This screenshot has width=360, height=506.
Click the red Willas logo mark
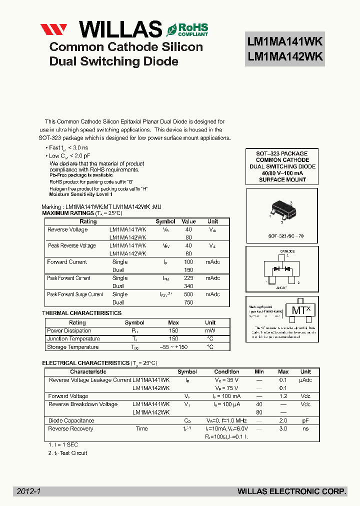[x=57, y=29]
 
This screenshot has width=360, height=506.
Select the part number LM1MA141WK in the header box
[x=285, y=41]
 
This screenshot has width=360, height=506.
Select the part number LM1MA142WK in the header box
[x=285, y=57]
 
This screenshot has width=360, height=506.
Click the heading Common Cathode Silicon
[x=126, y=47]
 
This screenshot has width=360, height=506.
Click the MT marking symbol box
[x=300, y=310]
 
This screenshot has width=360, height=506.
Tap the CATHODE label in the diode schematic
[x=287, y=251]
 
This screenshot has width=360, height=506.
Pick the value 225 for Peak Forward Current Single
[x=188, y=278]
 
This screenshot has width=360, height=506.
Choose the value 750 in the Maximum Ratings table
[x=188, y=302]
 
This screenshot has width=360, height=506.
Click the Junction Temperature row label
[x=73, y=339]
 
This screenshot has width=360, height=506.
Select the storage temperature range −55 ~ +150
[x=173, y=347]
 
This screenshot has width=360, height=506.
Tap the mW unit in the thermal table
[x=210, y=331]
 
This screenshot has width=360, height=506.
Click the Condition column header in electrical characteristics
[x=226, y=372]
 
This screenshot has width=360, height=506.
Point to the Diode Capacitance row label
[x=71, y=421]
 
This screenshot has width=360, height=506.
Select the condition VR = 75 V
[x=226, y=388]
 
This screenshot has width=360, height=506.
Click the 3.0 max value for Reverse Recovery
[x=283, y=429]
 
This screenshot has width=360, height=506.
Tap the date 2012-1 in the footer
[x=28, y=491]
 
